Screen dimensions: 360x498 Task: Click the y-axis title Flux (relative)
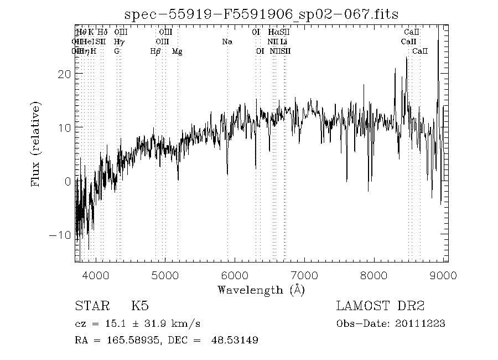pos(37,143)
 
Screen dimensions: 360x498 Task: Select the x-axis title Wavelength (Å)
pos(261,290)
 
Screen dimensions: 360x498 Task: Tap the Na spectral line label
pos(227,42)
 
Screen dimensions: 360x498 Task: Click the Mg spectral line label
pos(177,52)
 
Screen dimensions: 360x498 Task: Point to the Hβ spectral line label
pos(155,52)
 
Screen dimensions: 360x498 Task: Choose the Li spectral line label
pos(283,42)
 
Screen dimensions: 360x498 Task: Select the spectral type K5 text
pos(139,306)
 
